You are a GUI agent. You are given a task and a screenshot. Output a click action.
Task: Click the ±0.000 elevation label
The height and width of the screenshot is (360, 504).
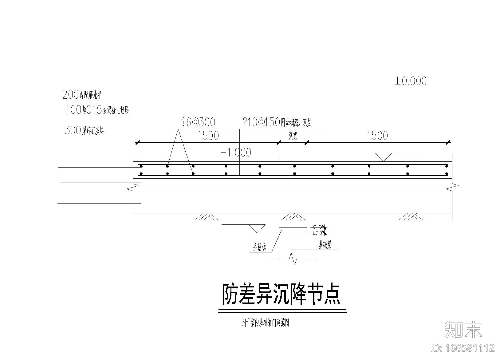click(411, 81)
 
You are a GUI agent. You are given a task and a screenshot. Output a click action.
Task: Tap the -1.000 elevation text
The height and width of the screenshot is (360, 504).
click(236, 152)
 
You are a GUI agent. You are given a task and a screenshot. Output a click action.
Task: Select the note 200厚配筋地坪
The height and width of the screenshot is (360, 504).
click(82, 95)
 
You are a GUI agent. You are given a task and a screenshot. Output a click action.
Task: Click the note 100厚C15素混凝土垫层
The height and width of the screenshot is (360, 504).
click(97, 110)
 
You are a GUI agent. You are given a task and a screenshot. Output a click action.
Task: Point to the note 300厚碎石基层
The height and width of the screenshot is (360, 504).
click(84, 130)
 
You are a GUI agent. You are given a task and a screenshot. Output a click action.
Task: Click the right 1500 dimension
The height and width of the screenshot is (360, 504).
click(377, 136)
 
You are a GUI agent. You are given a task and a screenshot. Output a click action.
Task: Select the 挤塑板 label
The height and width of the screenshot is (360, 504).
click(259, 247)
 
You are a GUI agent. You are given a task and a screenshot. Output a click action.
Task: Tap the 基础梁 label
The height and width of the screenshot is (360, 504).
click(325, 245)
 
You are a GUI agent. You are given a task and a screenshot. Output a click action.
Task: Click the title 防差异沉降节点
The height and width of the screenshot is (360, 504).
click(281, 294)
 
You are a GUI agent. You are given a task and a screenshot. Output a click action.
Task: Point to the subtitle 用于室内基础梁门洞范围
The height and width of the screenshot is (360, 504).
click(265, 323)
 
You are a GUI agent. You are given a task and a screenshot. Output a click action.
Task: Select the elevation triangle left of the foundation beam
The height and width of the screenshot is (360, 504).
click(257, 228)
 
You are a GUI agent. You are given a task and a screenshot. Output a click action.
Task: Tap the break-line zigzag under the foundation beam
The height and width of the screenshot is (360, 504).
click(293, 259)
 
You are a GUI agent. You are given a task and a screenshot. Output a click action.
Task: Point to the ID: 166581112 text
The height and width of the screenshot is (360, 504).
click(463, 348)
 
